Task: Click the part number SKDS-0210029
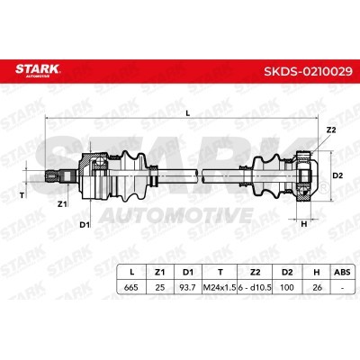point(308,71)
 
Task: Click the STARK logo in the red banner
point(38,70)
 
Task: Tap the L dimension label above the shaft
point(188,113)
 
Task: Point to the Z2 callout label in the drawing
point(330,130)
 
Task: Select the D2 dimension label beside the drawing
point(337,175)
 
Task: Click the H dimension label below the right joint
point(304,224)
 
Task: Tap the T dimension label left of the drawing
point(22,195)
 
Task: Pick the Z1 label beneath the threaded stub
point(62,204)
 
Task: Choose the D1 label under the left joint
point(85,224)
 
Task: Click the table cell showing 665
point(131,287)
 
